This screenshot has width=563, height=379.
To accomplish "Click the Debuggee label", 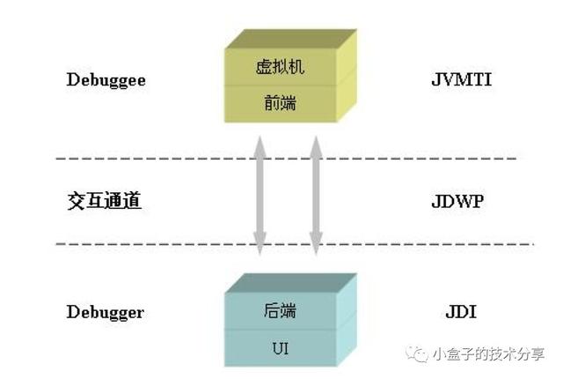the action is [x=106, y=80].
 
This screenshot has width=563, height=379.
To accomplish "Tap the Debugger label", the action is [x=106, y=312].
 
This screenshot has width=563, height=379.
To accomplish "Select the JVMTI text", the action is [x=461, y=79].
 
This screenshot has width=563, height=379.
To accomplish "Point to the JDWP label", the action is [x=457, y=201].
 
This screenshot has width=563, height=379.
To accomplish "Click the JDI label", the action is [x=461, y=312].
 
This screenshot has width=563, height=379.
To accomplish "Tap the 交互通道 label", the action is [x=104, y=201].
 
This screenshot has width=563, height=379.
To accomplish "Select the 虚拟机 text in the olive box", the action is [x=280, y=67].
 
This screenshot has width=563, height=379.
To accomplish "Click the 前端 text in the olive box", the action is [x=280, y=103].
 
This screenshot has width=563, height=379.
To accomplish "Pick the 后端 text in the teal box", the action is [x=280, y=310].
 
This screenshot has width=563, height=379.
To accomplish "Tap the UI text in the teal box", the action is [x=280, y=348].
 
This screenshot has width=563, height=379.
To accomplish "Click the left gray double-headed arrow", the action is [x=260, y=196].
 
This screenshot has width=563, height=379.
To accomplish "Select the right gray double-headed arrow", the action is [x=316, y=196].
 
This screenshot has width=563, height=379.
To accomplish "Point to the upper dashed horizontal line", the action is [x=286, y=159].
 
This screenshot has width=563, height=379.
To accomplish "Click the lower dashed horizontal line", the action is [x=295, y=244].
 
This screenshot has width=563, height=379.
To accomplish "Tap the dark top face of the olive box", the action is [x=291, y=39].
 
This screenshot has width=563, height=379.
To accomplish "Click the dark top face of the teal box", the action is [x=291, y=283].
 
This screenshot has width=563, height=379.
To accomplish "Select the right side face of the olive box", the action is [x=347, y=76].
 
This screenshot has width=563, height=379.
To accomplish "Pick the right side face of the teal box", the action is [x=347, y=320].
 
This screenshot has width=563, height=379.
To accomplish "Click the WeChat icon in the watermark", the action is [x=416, y=353].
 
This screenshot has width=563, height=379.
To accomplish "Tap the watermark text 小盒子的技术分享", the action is [x=488, y=354].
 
